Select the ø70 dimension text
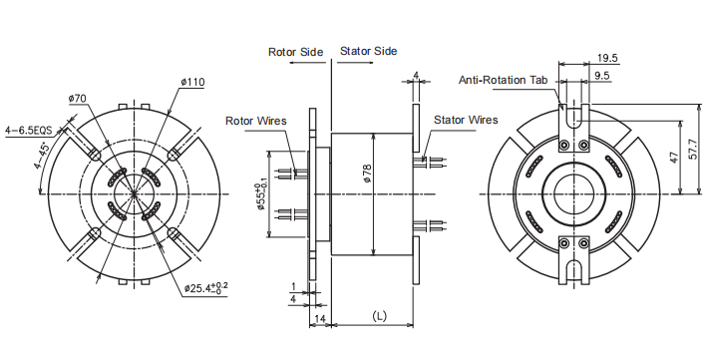pyautogui.click(x=78, y=99)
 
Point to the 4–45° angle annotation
pyautogui.click(x=42, y=155)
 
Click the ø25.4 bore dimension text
pyautogui.click(x=206, y=289)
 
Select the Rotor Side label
pyautogui.click(x=294, y=51)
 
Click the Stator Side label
pyautogui.click(x=369, y=51)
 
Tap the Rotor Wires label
pyautogui.click(x=256, y=121)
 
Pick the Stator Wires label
pyautogui.click(x=466, y=120)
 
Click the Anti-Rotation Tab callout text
pyautogui.click(x=505, y=80)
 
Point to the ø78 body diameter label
pyautogui.click(x=368, y=174)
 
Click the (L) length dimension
pyautogui.click(x=379, y=315)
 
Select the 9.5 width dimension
pyautogui.click(x=602, y=76)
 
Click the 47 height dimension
pyautogui.click(x=675, y=158)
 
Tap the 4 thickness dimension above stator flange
pyautogui.click(x=416, y=76)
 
